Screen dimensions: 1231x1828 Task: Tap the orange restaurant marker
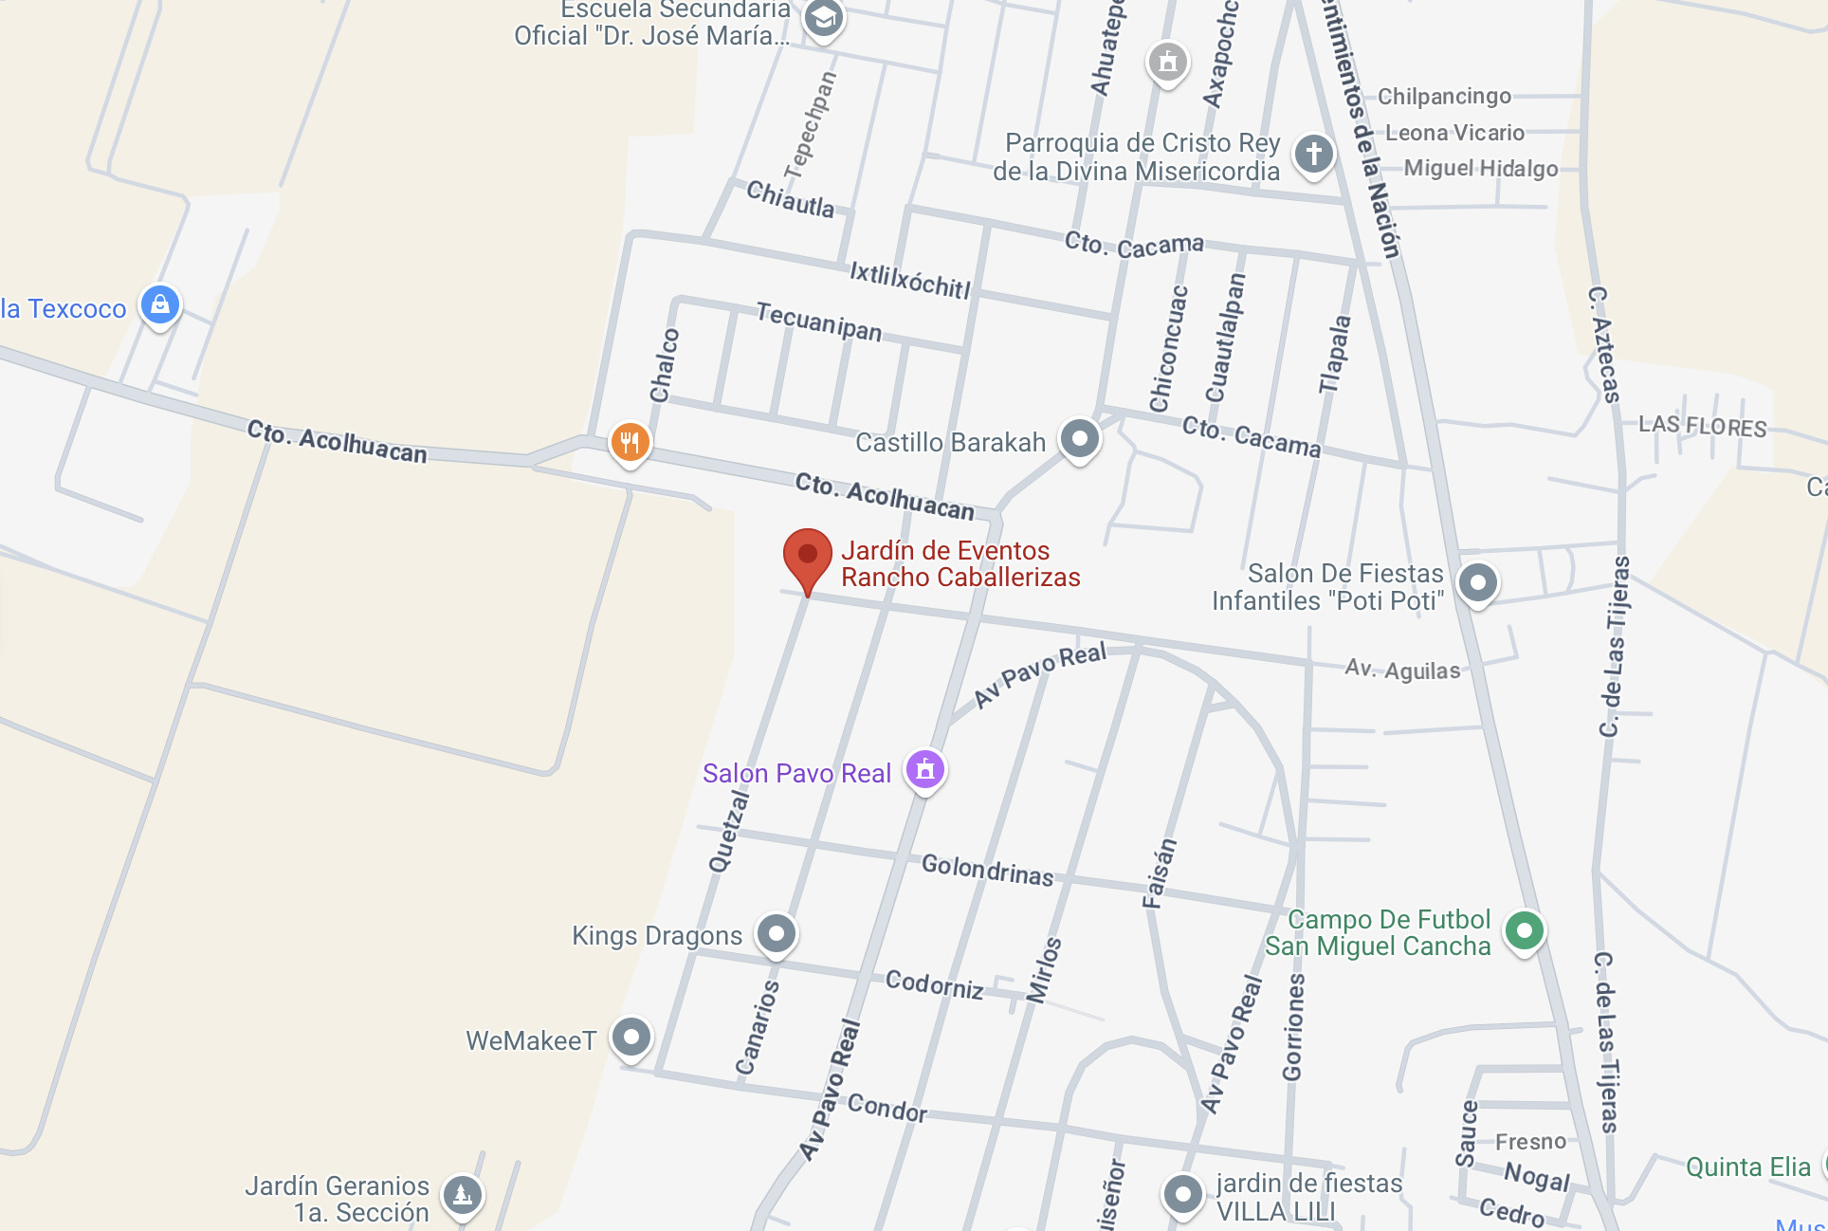coord(630,441)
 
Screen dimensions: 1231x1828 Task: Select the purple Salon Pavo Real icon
coord(924,769)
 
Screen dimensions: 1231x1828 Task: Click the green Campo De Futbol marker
coord(1524,930)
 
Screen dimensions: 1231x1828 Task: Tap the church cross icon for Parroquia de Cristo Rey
coord(1313,153)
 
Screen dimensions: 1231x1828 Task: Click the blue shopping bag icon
coord(160,304)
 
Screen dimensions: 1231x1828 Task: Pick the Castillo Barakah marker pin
coord(1079,438)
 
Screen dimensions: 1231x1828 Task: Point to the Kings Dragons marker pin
coord(777,934)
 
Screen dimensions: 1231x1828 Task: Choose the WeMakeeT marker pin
coord(631,1037)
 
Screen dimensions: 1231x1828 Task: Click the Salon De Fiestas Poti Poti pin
coord(1477,582)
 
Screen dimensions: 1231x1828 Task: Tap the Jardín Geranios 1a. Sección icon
coord(463,1194)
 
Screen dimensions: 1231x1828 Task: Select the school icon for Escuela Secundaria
coord(823,18)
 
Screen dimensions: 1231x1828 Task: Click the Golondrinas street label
coord(987,870)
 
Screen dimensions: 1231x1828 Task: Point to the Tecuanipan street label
coord(818,322)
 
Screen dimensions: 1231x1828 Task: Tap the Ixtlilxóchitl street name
coord(909,281)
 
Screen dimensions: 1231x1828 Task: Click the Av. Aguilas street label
coord(1402,670)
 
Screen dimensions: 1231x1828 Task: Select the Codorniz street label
coord(934,985)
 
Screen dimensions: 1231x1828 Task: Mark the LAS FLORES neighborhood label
coord(1702,426)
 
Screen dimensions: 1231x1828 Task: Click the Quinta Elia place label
coord(1747,1167)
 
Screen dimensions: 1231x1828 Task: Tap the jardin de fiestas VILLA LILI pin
coord(1182,1193)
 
